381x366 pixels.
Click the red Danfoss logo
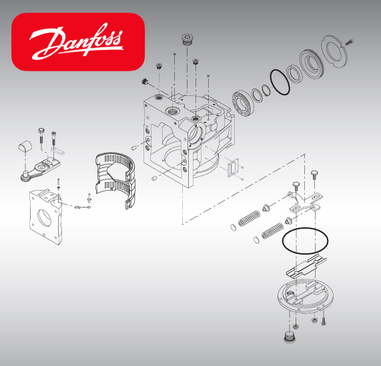pyautogui.click(x=79, y=41)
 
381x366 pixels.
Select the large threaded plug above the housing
pyautogui.click(x=187, y=38)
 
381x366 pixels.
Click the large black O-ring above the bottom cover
pyautogui.click(x=306, y=241)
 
